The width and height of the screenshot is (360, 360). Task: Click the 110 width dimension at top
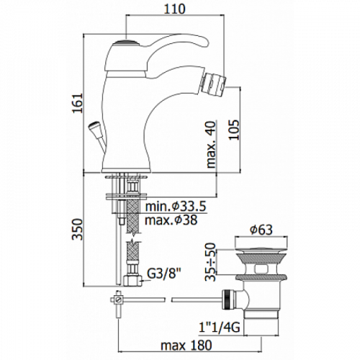175,9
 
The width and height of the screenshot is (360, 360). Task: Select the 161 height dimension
78,103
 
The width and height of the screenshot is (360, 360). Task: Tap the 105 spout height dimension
234,130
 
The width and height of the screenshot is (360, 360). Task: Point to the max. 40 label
211,144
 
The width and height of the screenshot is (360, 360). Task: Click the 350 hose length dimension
78,229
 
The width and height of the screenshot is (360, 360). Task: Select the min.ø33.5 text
176,206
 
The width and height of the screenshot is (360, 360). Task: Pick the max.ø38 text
171,220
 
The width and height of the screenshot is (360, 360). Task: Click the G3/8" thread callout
163,274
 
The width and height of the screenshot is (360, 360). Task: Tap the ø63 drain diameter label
261,230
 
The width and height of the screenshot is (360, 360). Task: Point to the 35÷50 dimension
211,262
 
